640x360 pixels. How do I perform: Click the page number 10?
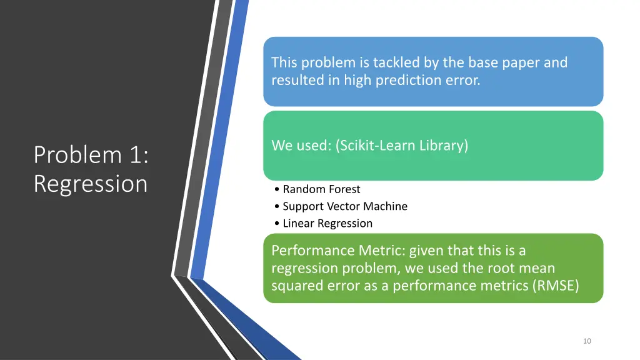point(586,341)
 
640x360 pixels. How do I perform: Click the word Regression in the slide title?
point(91,184)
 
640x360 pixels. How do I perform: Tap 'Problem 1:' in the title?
point(91,154)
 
